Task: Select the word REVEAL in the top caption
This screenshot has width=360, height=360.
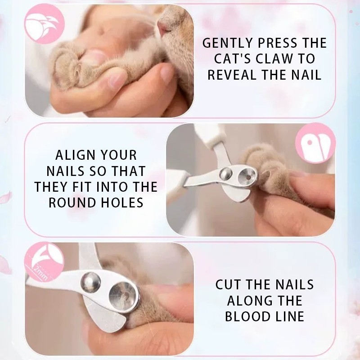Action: point(232,75)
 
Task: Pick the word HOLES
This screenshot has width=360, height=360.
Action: point(122,202)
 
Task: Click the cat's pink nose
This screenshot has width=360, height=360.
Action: point(164,27)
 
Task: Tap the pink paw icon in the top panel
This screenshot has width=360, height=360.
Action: point(44,24)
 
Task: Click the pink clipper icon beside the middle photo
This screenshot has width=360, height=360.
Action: point(315,143)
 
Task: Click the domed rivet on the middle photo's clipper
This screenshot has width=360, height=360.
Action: point(225,174)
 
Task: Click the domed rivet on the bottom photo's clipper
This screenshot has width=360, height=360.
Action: point(90,282)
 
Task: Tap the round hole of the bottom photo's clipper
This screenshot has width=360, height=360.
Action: point(123,297)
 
